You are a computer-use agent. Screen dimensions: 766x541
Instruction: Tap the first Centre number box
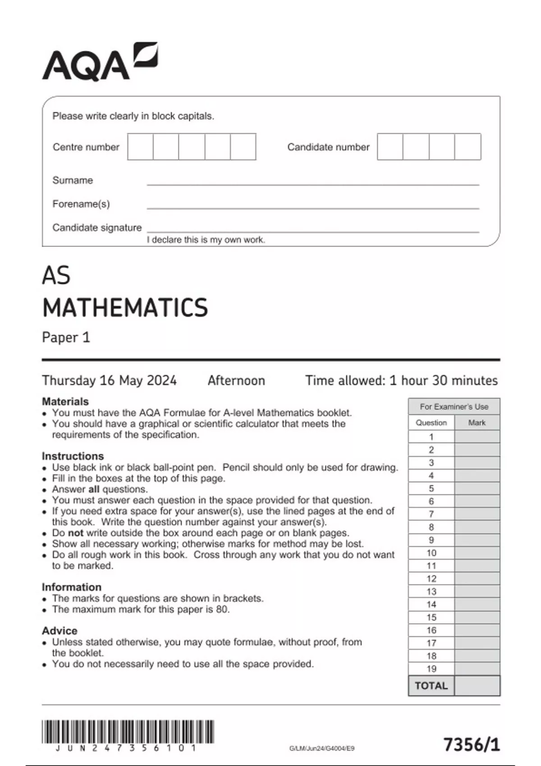(x=140, y=146)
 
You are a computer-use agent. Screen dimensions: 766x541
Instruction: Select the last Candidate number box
(x=468, y=146)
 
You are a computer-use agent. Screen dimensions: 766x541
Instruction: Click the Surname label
(x=73, y=180)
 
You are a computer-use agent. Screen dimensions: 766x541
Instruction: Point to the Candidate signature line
(x=312, y=231)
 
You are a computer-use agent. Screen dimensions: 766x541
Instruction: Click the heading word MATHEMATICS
(x=125, y=308)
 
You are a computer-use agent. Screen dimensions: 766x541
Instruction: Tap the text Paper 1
(x=66, y=337)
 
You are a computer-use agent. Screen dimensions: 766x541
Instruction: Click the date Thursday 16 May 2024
(x=109, y=380)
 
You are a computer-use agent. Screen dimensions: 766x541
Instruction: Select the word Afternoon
(x=236, y=380)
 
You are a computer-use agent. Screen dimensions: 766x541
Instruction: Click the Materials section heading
(x=65, y=401)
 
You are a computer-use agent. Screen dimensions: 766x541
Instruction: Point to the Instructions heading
(x=73, y=456)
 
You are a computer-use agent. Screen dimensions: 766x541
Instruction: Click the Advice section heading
(x=60, y=630)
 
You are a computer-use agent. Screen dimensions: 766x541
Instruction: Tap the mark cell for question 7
(x=477, y=514)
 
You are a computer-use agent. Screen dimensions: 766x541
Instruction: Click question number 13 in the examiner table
(x=431, y=592)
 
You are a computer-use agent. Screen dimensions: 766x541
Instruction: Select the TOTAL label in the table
(x=431, y=686)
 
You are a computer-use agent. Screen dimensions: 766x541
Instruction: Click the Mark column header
(x=477, y=423)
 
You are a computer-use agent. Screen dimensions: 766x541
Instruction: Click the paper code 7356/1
(x=472, y=744)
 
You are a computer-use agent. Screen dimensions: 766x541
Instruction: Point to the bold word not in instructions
(x=76, y=533)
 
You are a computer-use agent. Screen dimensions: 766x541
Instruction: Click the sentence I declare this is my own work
(x=206, y=240)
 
